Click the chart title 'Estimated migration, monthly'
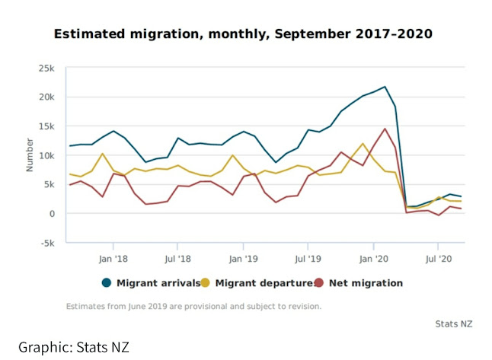242,34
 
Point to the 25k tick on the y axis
47,68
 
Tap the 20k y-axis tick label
47,97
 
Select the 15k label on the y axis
47,126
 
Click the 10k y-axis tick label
47,155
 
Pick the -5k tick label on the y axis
47,244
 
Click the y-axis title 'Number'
30,155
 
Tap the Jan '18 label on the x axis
113,258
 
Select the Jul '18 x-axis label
177,258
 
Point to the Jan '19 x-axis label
243,258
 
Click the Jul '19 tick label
308,258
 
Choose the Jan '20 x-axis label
373,258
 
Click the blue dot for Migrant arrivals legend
107,283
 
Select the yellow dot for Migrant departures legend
206,283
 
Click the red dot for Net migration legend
319,283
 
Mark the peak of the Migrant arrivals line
385,87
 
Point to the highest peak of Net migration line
385,129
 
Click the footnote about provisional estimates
193,307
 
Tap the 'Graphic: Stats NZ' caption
75,347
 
